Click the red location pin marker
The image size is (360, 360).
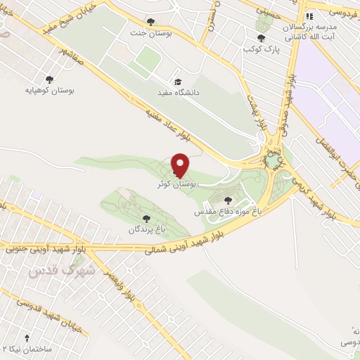(x=181, y=165)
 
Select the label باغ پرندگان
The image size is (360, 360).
(x=146, y=229)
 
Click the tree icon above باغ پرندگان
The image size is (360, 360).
(x=146, y=219)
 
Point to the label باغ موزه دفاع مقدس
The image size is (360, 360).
(x=227, y=210)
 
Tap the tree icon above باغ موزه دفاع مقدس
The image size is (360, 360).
(x=226, y=200)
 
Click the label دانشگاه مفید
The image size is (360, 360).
(x=176, y=92)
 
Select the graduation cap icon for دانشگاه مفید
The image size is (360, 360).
(x=176, y=82)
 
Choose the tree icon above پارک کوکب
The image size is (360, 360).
(x=262, y=38)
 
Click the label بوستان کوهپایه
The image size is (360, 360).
(x=50, y=90)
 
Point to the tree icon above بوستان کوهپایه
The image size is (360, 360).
(x=50, y=79)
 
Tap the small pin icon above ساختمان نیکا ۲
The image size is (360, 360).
(x=27, y=338)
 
